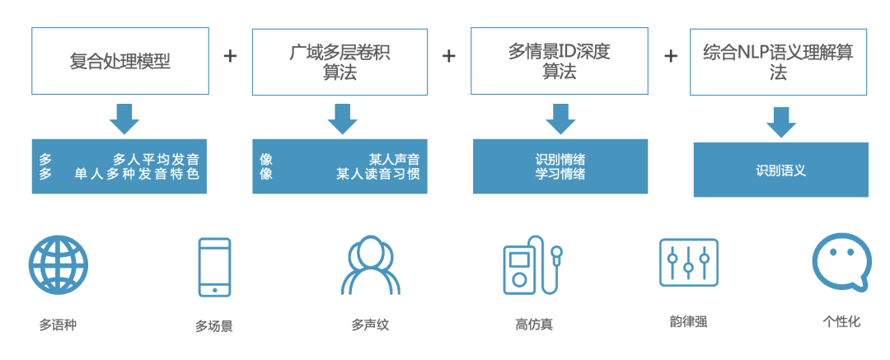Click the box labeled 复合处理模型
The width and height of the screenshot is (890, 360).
tap(119, 61)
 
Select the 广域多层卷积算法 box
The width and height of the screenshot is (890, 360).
tap(340, 62)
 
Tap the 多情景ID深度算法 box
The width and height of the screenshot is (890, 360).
tap(559, 62)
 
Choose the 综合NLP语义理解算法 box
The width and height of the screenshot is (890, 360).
tap(778, 62)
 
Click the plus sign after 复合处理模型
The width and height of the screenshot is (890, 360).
tap(230, 55)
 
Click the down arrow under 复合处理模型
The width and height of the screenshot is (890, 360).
tap(124, 119)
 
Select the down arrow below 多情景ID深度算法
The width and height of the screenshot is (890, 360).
tap(560, 119)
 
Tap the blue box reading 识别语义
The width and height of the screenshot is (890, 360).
tap(780, 171)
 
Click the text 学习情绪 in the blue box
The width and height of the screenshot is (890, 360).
tap(560, 174)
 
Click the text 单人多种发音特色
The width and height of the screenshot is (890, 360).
tap(137, 174)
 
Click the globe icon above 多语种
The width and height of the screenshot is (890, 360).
tap(59, 265)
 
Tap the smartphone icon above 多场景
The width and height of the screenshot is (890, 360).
tap(214, 267)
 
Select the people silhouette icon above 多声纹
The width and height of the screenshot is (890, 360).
tap(371, 265)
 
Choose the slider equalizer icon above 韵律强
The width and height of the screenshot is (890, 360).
tap(688, 263)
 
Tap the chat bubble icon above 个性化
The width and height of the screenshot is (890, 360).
tap(841, 261)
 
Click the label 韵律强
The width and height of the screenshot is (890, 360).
tap(688, 322)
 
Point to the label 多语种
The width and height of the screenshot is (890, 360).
tap(58, 325)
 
